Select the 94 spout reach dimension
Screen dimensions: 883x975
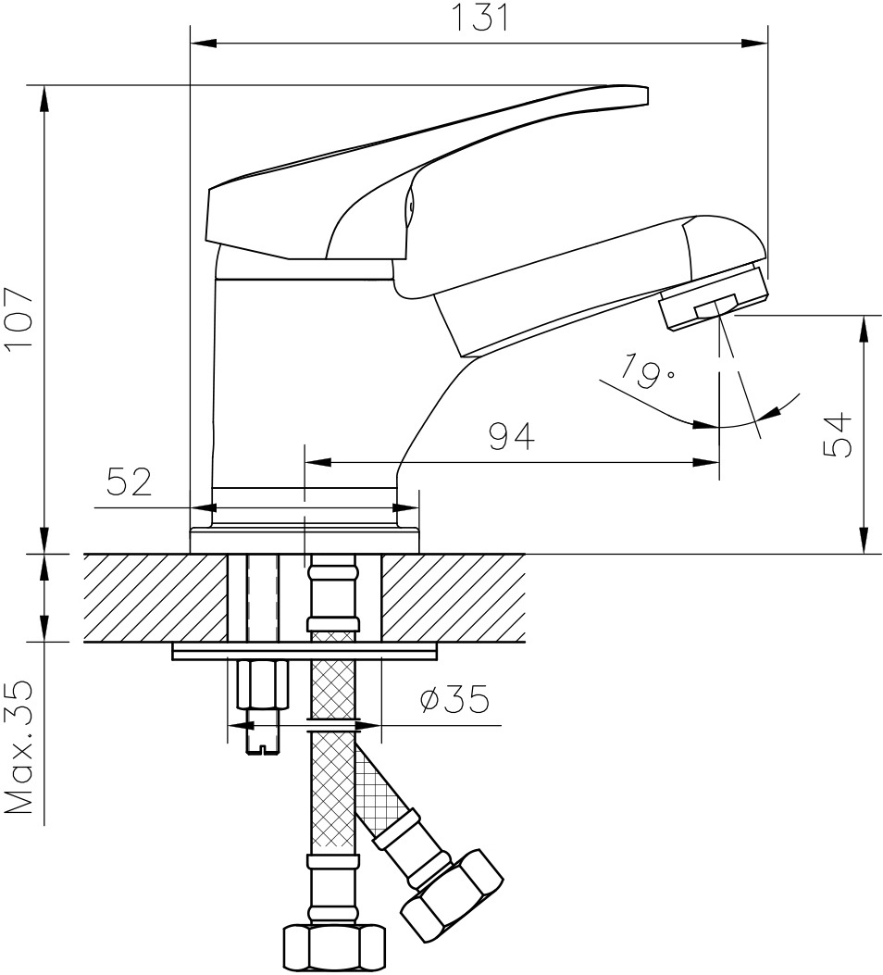pyautogui.click(x=511, y=436)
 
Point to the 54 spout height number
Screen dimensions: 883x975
pyautogui.click(x=837, y=434)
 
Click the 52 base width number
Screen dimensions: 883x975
pyautogui.click(x=130, y=481)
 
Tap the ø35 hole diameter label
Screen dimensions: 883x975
pyautogui.click(x=454, y=699)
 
